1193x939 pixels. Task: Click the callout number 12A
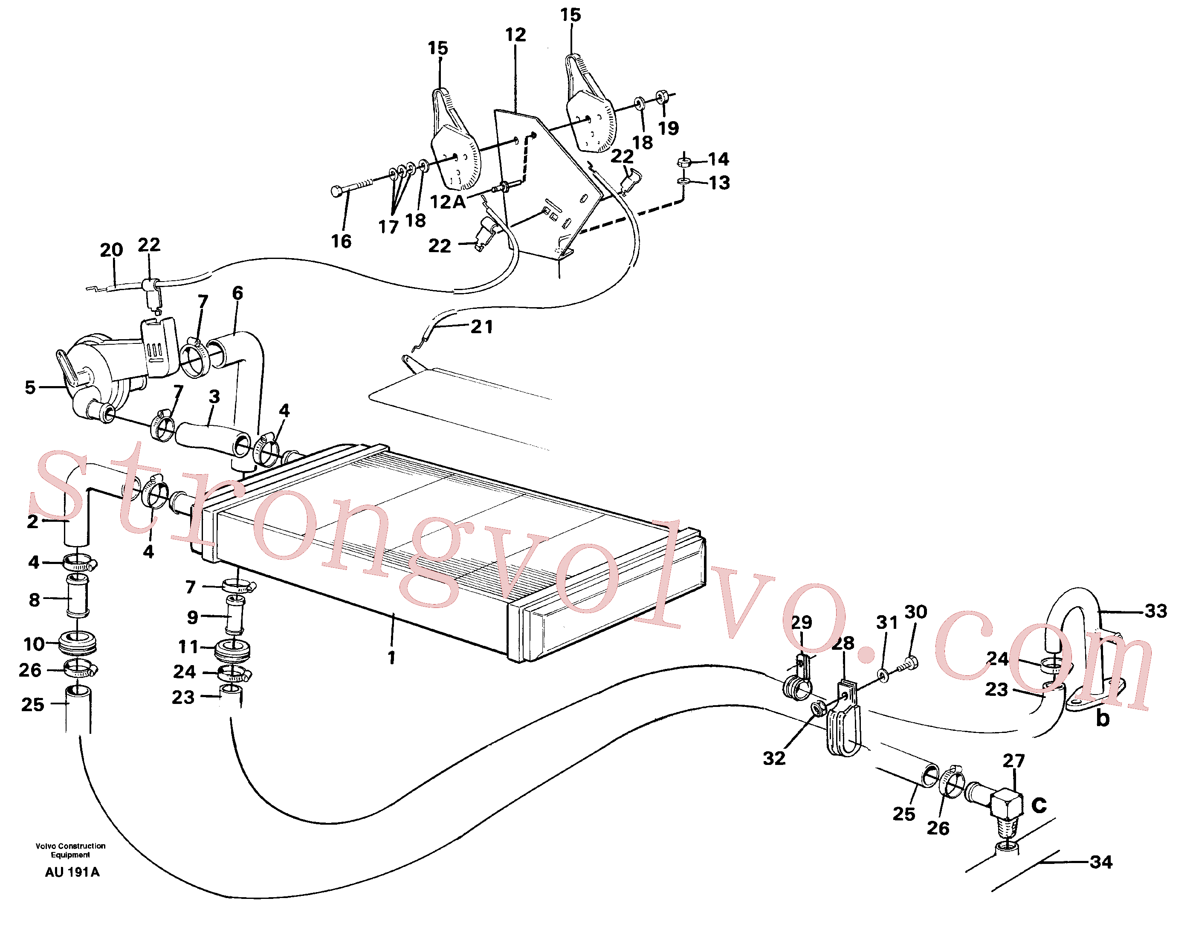point(447,202)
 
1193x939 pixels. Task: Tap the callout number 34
point(1100,861)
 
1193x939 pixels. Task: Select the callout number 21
point(482,326)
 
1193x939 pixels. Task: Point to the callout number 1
point(392,657)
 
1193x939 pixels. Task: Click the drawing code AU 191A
point(72,872)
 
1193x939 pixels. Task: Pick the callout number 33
point(1155,611)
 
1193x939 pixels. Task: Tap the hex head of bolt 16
point(337,191)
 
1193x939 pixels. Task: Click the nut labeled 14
point(684,162)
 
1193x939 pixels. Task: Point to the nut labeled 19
point(662,97)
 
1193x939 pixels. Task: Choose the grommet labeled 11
point(233,649)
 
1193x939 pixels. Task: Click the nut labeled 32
point(818,709)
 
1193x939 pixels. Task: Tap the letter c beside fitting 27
point(1039,805)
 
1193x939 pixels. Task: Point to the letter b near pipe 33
point(1102,718)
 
